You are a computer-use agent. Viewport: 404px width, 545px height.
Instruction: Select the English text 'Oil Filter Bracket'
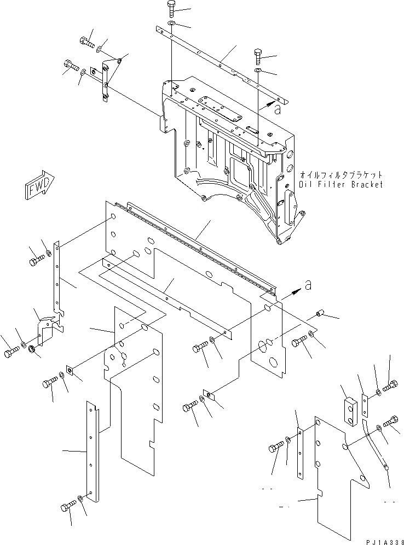coord(340,185)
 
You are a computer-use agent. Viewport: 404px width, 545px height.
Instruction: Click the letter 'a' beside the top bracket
coord(278,110)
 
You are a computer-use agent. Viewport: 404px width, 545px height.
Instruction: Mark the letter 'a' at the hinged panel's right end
coord(308,285)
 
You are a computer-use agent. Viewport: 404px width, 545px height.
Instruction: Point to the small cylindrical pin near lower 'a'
coord(321,314)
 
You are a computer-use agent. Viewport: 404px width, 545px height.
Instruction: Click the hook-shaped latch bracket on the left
coord(45,333)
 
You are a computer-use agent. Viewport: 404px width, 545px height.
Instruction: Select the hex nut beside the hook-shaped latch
coord(32,348)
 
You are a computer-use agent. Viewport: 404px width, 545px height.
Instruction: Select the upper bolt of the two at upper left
coord(86,42)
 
